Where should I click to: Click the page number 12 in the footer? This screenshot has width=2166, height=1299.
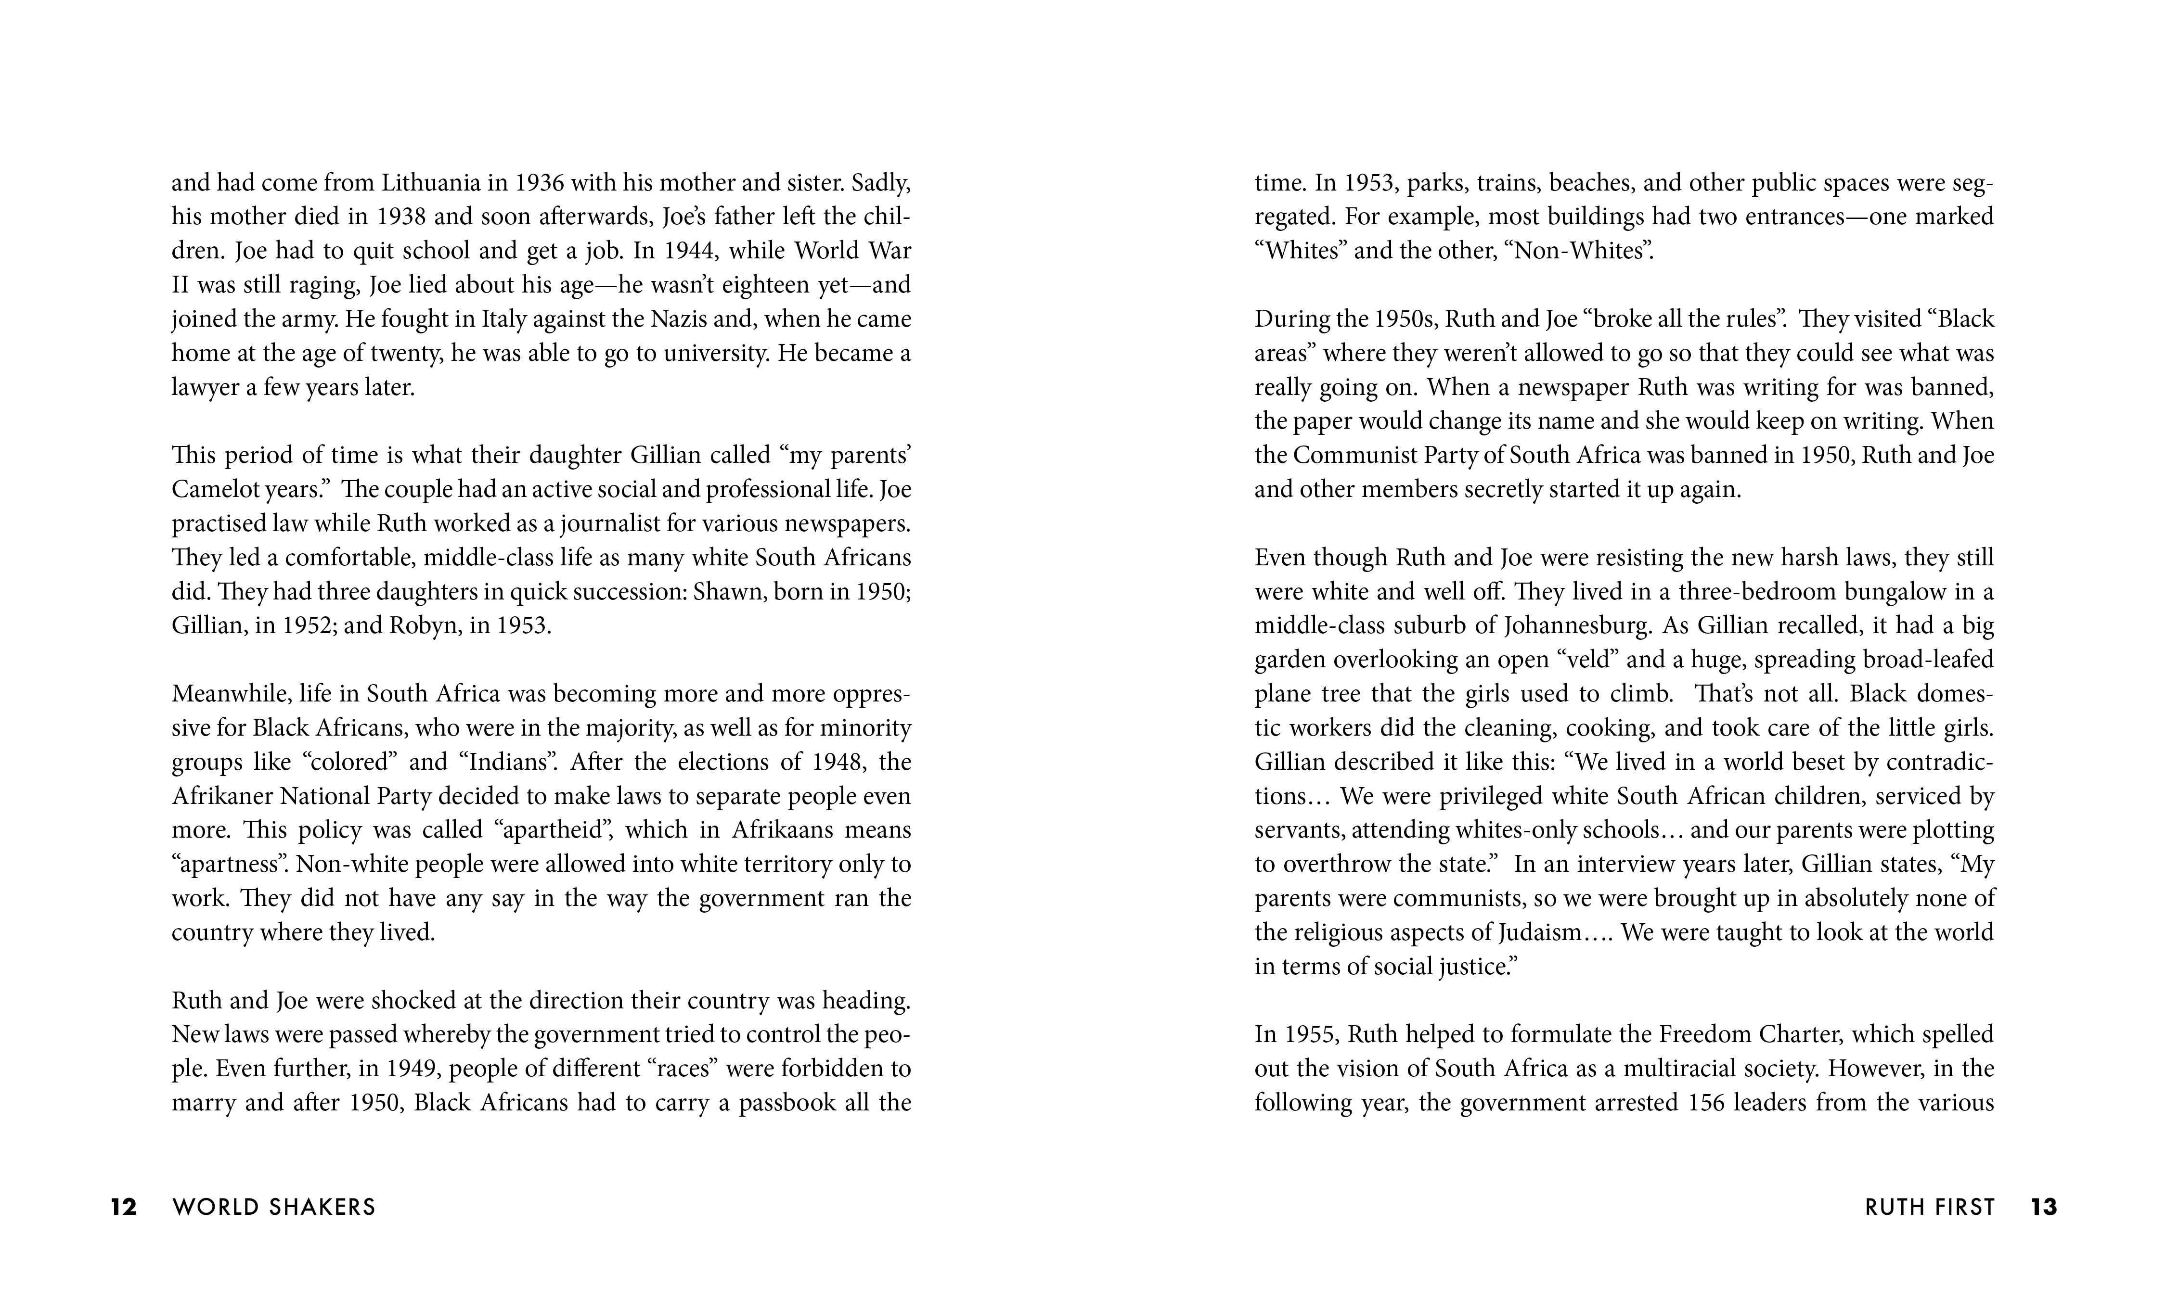123,1207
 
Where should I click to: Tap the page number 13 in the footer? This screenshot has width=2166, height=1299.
2043,1207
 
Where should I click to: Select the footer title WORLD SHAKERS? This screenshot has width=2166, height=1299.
274,1207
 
